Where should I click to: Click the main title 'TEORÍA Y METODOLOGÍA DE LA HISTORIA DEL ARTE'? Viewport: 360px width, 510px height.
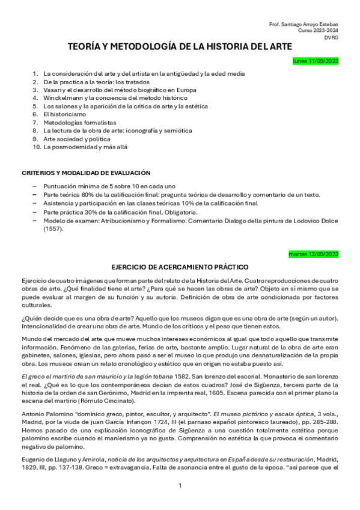pyautogui.click(x=180, y=46)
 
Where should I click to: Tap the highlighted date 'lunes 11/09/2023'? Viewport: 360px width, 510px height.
pyautogui.click(x=316, y=61)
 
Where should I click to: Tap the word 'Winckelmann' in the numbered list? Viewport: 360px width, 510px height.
pyautogui.click(x=62, y=97)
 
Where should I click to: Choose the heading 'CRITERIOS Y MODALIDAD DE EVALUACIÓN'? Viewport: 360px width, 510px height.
pyautogui.click(x=86, y=173)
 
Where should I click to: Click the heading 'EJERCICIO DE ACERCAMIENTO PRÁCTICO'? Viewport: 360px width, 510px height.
pyautogui.click(x=180, y=266)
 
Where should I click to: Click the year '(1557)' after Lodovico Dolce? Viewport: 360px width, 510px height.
pyautogui.click(x=53, y=229)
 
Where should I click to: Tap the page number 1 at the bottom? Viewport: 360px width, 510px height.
pyautogui.click(x=180, y=485)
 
